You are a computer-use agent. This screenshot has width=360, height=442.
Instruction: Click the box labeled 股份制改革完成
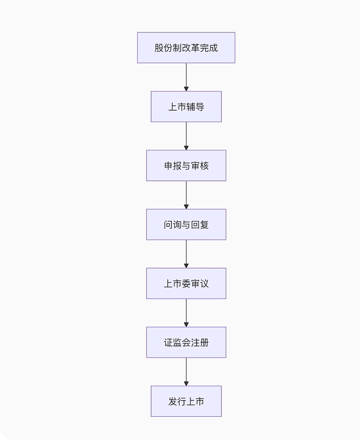pos(186,48)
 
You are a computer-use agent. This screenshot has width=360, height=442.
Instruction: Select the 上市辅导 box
pos(186,107)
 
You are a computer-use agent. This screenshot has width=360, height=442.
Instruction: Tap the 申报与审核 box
pos(186,166)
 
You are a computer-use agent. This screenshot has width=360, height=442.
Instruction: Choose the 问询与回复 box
pos(186,225)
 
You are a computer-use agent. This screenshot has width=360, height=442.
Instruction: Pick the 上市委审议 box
pos(186,284)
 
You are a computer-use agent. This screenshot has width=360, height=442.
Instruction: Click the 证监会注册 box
pos(186,343)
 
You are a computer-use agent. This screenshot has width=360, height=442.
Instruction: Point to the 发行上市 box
pos(186,401)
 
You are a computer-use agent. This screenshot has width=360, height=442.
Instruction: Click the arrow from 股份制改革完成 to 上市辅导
pos(186,77)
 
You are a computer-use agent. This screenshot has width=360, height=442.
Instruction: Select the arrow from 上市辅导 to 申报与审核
pos(186,136)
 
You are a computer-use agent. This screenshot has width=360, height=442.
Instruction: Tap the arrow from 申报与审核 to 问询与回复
pos(186,195)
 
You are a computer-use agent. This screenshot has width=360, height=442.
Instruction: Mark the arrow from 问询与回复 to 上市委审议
pos(186,254)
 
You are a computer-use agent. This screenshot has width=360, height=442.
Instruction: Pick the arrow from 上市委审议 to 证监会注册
pos(186,313)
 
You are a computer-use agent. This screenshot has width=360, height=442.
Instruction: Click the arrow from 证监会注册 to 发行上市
pos(186,372)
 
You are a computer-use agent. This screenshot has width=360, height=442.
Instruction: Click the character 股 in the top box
pos(159,48)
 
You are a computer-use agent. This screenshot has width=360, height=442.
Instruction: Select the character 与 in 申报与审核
pos(186,166)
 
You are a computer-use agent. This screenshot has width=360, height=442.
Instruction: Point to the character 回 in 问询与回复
pos(195,225)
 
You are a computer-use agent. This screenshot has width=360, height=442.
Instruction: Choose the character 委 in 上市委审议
pos(186,284)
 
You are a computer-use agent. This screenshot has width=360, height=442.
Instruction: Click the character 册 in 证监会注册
pos(204,343)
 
